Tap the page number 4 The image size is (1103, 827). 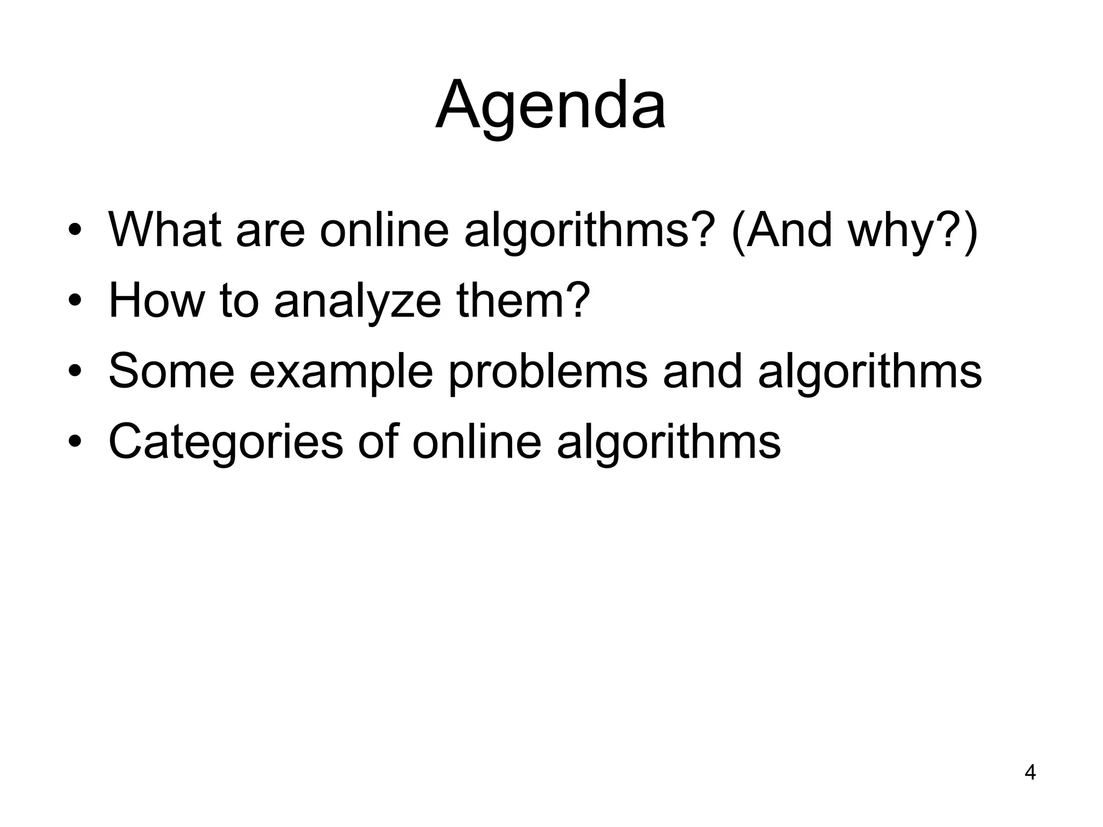tap(1030, 773)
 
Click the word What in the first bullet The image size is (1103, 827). tap(165, 230)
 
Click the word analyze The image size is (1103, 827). tap(358, 302)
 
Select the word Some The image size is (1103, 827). tap(171, 371)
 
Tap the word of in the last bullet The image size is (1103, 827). tap(378, 441)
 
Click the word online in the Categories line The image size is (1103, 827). tap(477, 441)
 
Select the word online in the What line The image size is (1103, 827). tap(384, 230)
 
